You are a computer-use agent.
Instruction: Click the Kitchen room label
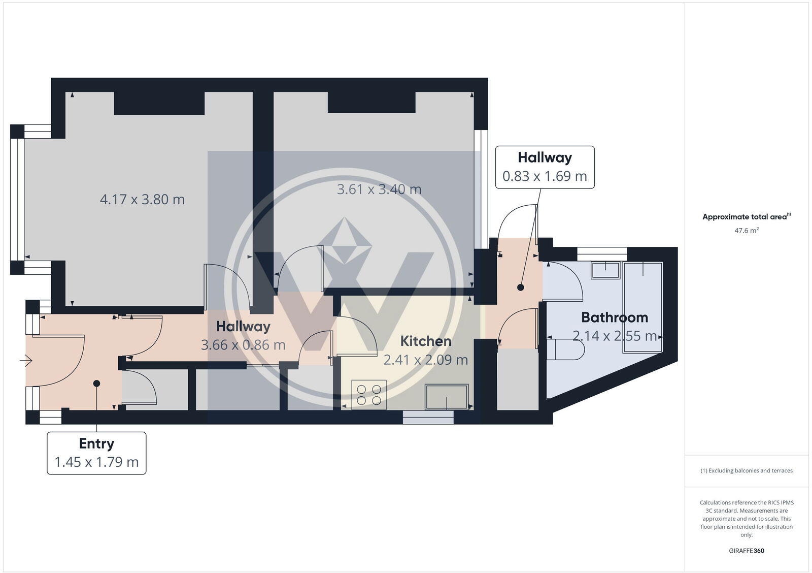(x=425, y=341)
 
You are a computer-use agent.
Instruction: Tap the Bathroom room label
(x=614, y=317)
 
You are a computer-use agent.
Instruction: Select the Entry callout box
(x=96, y=453)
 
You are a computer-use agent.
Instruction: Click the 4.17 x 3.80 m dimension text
(x=142, y=199)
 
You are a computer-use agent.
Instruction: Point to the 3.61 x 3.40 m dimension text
(x=379, y=189)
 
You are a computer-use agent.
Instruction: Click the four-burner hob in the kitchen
(x=369, y=395)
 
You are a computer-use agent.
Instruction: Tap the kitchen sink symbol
(x=447, y=397)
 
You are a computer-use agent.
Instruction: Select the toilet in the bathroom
(x=566, y=349)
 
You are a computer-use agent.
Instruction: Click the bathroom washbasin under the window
(x=605, y=270)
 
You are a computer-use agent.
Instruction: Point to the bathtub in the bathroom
(x=643, y=307)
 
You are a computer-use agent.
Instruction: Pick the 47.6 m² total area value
(x=746, y=231)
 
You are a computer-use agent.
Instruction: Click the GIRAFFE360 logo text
(x=746, y=551)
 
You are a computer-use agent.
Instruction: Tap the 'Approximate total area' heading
(x=745, y=217)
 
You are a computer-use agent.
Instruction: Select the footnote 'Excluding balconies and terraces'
(x=747, y=470)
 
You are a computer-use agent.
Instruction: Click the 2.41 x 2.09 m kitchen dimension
(x=425, y=360)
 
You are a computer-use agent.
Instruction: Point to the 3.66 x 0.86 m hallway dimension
(x=243, y=345)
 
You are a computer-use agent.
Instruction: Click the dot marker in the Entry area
(x=96, y=384)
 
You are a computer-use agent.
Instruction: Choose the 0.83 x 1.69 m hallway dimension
(x=545, y=176)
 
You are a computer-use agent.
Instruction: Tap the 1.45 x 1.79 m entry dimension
(x=96, y=462)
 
